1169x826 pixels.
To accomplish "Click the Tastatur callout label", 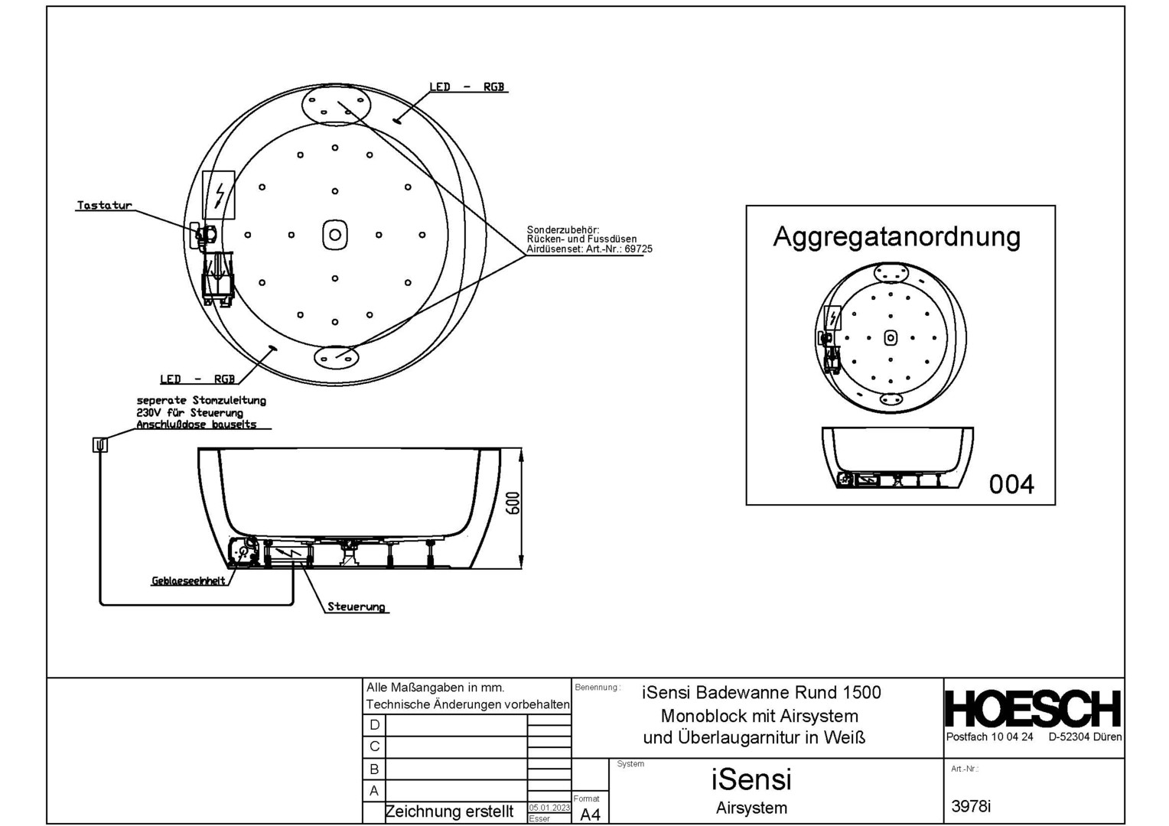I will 104,206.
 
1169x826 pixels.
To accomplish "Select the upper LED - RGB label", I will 467,87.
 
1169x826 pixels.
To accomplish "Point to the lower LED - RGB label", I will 197,379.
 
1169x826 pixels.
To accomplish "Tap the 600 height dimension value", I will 513,502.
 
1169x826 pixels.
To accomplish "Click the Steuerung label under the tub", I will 356,606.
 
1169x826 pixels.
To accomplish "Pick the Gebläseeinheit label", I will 188,580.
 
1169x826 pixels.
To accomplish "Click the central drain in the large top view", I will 334,235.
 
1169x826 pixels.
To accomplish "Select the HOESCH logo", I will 1033,708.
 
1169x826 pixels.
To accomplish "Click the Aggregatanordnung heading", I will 897,236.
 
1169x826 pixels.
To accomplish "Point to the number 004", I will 1011,484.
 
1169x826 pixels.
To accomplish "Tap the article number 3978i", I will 971,806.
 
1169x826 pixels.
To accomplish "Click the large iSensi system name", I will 751,779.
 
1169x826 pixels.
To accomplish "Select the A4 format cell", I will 590,815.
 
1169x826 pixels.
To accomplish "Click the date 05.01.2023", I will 549,808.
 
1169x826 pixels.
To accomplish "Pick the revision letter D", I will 374,725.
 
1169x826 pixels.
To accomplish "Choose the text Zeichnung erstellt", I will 449,811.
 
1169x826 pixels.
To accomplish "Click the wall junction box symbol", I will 100,444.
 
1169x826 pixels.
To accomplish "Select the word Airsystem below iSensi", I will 751,808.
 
